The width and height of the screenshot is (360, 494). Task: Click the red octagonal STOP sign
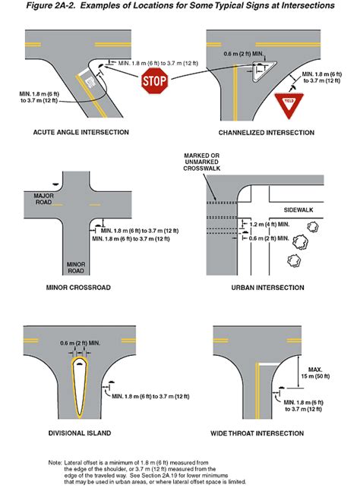[x=155, y=80]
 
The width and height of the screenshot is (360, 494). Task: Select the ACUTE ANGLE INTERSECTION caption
[x=81, y=132]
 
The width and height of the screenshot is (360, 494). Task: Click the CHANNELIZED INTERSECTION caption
[x=266, y=132]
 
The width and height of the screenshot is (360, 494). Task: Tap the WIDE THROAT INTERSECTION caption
[x=265, y=434]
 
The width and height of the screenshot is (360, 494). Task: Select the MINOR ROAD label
[x=77, y=266]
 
